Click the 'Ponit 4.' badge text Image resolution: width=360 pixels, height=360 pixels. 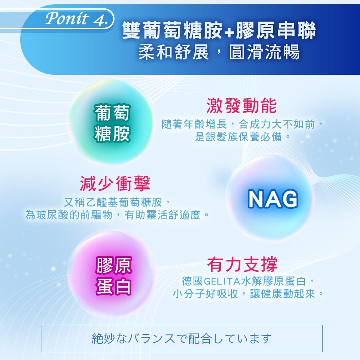(x=76, y=18)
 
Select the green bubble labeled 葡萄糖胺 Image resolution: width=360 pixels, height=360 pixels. (x=111, y=123)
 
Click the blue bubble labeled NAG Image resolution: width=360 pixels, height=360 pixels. (x=272, y=198)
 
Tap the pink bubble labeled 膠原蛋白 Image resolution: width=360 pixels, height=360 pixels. (x=112, y=274)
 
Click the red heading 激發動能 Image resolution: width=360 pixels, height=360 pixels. (x=242, y=105)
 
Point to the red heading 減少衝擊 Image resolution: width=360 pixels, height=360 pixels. (x=115, y=184)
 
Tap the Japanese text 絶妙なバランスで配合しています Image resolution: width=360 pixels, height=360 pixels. (x=181, y=338)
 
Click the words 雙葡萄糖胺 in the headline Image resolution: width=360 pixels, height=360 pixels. (x=172, y=31)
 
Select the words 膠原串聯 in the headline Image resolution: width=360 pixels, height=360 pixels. (x=275, y=31)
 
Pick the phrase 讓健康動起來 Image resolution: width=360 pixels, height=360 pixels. (x=282, y=294)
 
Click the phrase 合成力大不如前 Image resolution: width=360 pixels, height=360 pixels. (x=276, y=125)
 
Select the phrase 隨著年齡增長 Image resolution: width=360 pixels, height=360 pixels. (x=194, y=125)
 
